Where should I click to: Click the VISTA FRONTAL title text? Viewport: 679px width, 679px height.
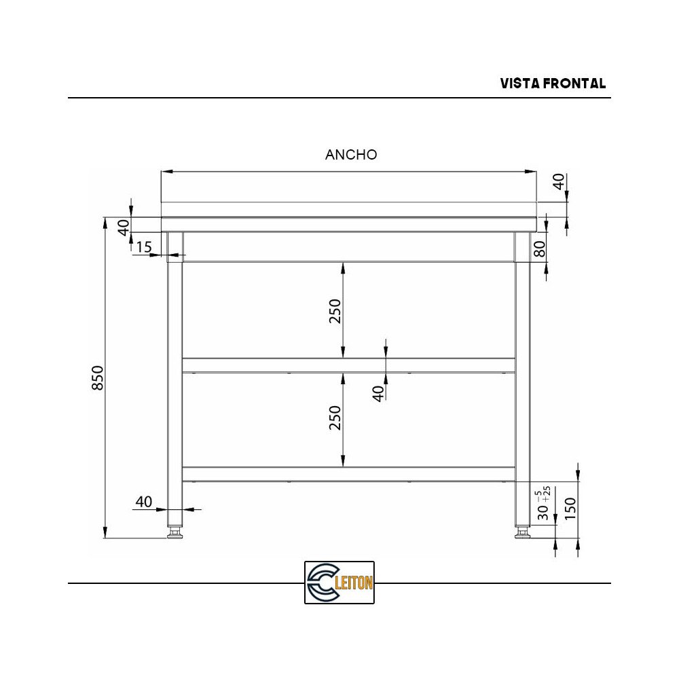[x=553, y=84]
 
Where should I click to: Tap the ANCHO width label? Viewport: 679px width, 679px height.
[x=351, y=155]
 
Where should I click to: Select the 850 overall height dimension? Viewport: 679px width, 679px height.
[x=98, y=378]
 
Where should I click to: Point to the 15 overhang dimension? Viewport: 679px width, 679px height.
[x=143, y=247]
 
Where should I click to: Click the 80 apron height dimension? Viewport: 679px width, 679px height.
[x=540, y=249]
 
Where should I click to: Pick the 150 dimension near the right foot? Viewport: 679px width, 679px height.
[x=570, y=508]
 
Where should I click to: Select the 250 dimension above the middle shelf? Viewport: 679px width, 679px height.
[x=335, y=310]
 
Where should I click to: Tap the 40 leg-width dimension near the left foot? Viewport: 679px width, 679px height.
[x=143, y=502]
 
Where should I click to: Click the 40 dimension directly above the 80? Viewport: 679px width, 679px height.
[x=558, y=182]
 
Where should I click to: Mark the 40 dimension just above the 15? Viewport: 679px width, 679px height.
[x=124, y=227]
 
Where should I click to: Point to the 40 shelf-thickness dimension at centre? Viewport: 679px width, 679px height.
[x=378, y=392]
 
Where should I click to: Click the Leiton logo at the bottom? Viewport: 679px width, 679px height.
[x=339, y=582]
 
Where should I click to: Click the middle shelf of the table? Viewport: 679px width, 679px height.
[x=348, y=365]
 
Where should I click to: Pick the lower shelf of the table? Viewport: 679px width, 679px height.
[x=348, y=474]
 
